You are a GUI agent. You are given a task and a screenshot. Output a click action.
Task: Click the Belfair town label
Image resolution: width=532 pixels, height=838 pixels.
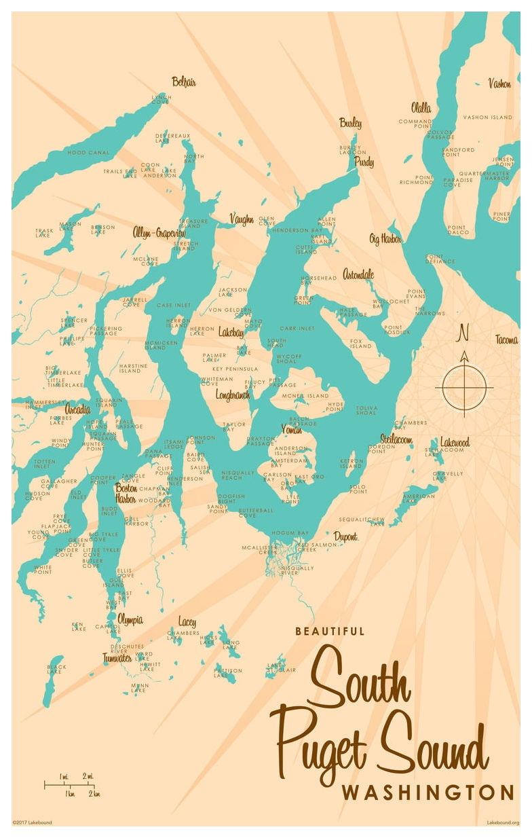(x=184, y=81)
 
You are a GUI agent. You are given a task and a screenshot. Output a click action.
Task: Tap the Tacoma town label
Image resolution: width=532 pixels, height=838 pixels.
(x=506, y=340)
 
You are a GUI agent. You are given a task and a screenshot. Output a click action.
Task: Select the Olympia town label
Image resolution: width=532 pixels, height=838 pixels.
(x=130, y=619)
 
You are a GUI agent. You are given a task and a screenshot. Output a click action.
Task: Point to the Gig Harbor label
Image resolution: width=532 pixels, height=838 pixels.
(x=385, y=239)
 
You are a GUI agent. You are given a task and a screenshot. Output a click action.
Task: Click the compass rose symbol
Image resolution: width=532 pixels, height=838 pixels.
(x=464, y=386)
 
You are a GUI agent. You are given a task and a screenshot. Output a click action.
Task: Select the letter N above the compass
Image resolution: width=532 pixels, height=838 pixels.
(x=464, y=333)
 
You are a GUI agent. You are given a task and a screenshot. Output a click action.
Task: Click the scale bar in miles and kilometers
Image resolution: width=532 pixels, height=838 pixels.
(x=70, y=785)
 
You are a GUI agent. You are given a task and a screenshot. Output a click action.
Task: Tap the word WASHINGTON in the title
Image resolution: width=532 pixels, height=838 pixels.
(x=427, y=793)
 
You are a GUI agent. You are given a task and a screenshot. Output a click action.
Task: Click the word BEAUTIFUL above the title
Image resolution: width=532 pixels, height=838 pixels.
(x=330, y=631)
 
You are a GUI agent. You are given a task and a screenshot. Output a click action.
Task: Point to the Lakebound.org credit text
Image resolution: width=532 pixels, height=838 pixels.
(x=503, y=822)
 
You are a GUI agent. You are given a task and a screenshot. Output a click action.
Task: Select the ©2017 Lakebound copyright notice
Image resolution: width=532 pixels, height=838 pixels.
(x=32, y=822)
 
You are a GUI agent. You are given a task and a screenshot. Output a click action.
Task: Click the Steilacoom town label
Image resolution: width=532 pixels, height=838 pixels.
(x=396, y=439)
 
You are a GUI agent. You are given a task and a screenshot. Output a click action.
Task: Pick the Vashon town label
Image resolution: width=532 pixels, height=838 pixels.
(x=499, y=84)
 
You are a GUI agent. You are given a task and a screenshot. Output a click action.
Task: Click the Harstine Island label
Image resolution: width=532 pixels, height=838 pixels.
(x=133, y=369)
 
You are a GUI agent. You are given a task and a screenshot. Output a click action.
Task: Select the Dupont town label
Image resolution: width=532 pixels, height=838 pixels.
(x=345, y=536)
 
